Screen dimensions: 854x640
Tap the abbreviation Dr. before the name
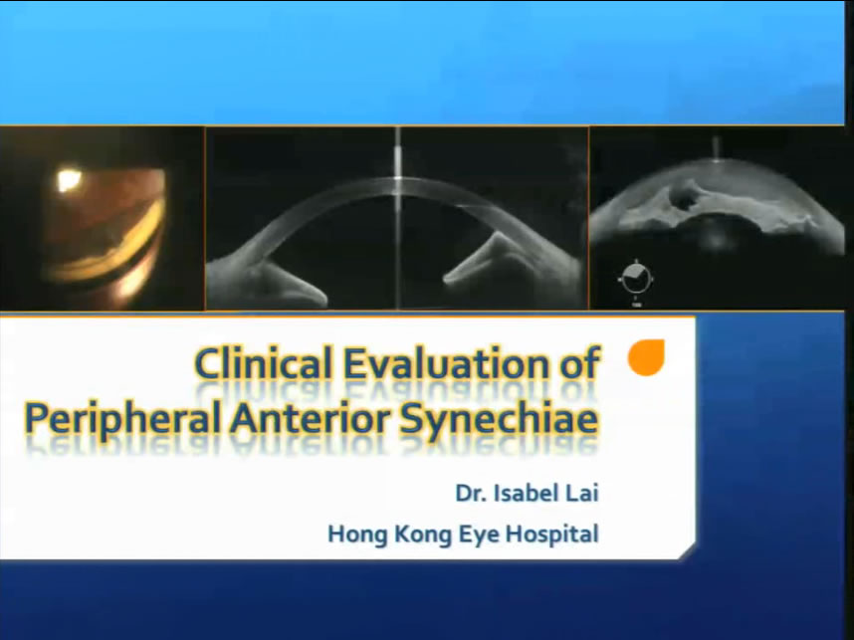point(471,494)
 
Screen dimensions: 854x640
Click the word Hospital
point(552,534)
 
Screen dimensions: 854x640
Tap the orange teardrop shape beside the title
point(647,357)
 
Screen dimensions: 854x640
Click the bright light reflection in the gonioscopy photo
point(69,180)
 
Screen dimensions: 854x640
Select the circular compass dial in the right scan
point(636,279)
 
